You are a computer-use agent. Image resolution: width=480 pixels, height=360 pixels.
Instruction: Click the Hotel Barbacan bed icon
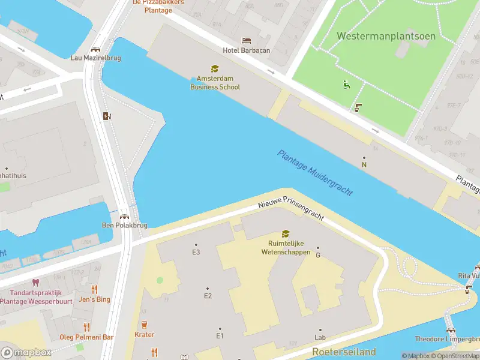pos(247,41)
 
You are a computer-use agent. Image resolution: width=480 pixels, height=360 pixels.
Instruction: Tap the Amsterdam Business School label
pos(215,83)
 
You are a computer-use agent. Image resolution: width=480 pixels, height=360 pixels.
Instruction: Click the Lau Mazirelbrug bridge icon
pos(95,49)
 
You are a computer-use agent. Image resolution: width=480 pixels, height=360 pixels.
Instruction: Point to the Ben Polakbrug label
pos(124,226)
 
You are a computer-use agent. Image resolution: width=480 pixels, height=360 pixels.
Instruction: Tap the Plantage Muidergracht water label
pos(315,172)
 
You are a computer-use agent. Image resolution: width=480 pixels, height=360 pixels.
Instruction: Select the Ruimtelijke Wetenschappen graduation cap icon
pos(286,234)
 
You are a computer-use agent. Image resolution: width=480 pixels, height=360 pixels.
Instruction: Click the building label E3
pos(196,252)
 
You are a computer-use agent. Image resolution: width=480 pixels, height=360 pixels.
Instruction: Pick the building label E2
pos(208,296)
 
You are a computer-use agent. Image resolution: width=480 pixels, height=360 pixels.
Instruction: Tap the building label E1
pos(220,336)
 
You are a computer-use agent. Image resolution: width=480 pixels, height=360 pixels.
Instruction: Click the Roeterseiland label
pos(344,352)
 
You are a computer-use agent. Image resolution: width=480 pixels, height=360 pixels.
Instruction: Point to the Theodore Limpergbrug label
pos(446,338)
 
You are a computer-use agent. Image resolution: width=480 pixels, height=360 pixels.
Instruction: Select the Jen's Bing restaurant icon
pos(94,289)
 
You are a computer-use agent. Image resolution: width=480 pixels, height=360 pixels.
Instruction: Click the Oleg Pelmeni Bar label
pos(87,338)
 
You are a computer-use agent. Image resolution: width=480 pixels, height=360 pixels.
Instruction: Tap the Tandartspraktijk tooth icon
pos(35,282)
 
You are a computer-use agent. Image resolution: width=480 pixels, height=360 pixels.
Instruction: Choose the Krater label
pos(144,335)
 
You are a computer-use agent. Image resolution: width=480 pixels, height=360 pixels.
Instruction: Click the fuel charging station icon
pos(107,116)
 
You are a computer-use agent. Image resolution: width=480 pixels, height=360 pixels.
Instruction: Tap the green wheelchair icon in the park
pos(346,85)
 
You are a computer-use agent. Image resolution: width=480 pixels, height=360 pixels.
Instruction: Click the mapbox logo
pos(26,353)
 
